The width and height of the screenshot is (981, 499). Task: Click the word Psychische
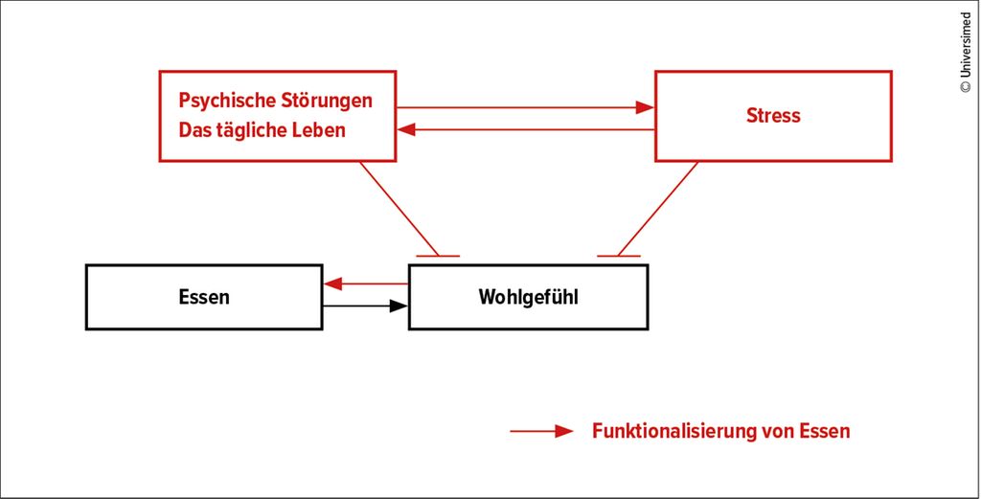point(223,101)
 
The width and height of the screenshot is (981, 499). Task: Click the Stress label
point(773,116)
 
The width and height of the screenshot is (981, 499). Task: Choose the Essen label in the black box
point(204,297)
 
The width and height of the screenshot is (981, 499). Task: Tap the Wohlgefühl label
point(529,296)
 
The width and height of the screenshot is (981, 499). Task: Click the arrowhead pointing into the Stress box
point(645,107)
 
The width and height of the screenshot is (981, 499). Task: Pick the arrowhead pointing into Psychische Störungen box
point(406,129)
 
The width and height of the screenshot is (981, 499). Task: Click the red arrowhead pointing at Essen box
point(333,284)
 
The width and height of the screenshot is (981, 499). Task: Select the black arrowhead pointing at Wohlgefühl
point(399,306)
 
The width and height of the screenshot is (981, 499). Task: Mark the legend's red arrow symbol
point(542,431)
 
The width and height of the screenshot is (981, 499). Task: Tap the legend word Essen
point(825,431)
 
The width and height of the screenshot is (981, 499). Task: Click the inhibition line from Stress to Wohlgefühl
point(657,209)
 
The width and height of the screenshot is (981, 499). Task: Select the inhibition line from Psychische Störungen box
point(399,209)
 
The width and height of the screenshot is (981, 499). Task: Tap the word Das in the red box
point(194,130)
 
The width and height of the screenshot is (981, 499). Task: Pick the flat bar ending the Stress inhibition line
point(619,256)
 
